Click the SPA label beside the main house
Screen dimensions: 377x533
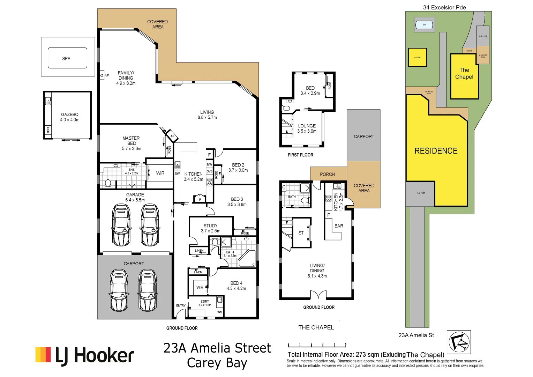pyautogui.click(x=66, y=59)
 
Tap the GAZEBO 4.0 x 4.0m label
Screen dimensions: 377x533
pyautogui.click(x=70, y=117)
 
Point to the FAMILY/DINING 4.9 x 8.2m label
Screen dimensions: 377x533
pyautogui.click(x=126, y=78)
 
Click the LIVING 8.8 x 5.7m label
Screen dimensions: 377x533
pyautogui.click(x=207, y=115)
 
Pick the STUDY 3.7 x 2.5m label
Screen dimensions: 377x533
pyautogui.click(x=210, y=228)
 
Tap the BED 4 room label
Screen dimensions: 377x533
pyautogui.click(x=236, y=286)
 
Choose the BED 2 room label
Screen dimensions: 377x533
pyautogui.click(x=238, y=168)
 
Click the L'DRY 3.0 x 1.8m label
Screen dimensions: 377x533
pyautogui.click(x=205, y=303)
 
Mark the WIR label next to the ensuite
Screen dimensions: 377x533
pyautogui.click(x=160, y=173)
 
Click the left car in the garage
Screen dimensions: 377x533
pyautogui.click(x=122, y=225)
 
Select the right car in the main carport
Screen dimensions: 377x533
pyautogui.click(x=147, y=290)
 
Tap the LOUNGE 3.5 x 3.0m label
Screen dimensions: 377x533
pyautogui.click(x=307, y=128)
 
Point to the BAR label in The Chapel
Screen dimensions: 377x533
pyautogui.click(x=339, y=226)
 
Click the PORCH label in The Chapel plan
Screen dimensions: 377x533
pyautogui.click(x=327, y=174)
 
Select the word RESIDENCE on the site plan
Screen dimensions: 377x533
pyautogui.click(x=436, y=151)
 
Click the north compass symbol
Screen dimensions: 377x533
pyautogui.click(x=459, y=342)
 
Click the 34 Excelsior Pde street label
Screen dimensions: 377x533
pyautogui.click(x=444, y=7)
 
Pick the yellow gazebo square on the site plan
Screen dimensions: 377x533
pyautogui.click(x=418, y=57)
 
